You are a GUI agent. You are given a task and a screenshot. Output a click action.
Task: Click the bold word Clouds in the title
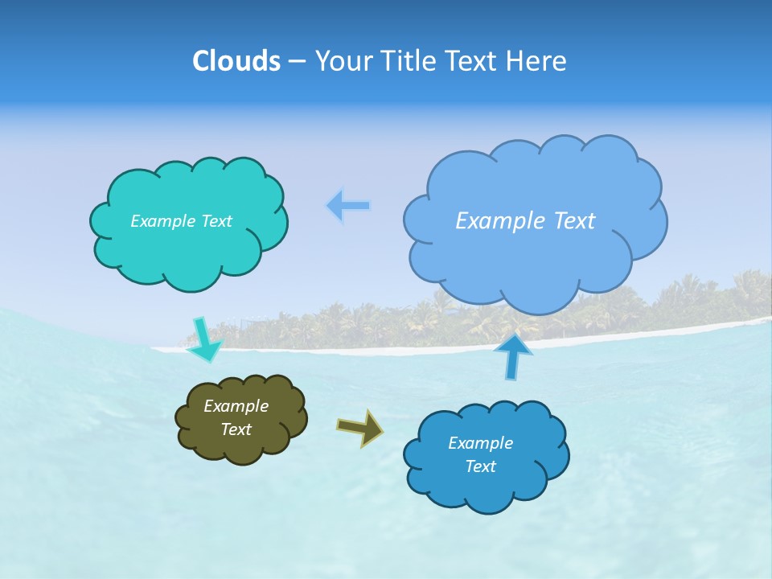click(236, 61)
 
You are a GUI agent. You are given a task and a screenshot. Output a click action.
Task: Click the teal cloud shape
click(189, 249)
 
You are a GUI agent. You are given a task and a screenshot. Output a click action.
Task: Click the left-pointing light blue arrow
click(348, 206)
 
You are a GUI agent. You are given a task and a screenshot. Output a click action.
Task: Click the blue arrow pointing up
click(512, 356)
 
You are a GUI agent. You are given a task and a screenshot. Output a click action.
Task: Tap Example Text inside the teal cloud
click(181, 221)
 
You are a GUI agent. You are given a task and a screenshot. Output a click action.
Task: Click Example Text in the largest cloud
click(525, 221)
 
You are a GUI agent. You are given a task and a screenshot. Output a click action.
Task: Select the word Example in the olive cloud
click(236, 406)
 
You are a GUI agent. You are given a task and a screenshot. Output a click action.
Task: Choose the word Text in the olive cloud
click(236, 429)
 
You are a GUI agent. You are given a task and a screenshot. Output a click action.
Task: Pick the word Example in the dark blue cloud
click(480, 443)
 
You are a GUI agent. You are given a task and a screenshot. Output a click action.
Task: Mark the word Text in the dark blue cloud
click(480, 466)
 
